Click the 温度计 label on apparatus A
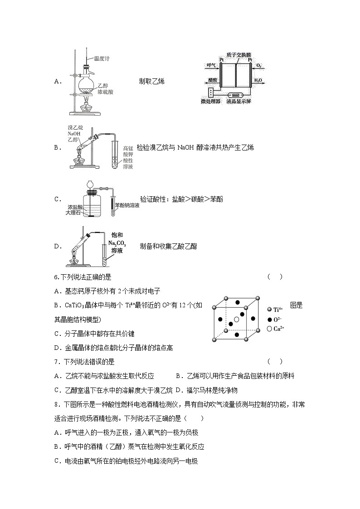[x=102, y=58]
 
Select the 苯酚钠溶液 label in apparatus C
[x=127, y=205]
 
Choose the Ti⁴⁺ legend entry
[x=278, y=309]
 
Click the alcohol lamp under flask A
[x=87, y=108]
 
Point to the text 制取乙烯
[x=151, y=82]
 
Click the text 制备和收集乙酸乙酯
[x=168, y=246]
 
